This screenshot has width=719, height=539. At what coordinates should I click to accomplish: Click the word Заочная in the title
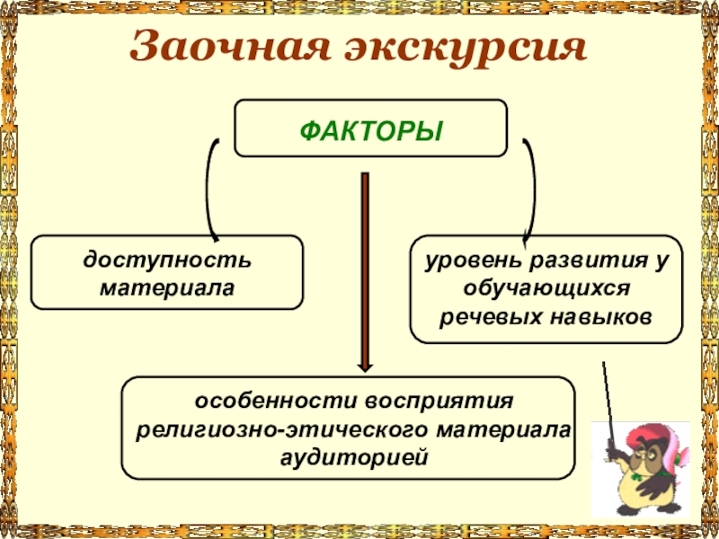tap(221, 48)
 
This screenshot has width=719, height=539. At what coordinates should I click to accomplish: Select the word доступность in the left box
tap(168, 261)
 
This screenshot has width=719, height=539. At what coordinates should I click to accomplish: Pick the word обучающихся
tap(545, 289)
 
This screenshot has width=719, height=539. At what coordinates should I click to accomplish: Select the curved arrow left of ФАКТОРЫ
tap(210, 189)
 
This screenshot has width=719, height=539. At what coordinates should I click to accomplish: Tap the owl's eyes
tap(649, 459)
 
